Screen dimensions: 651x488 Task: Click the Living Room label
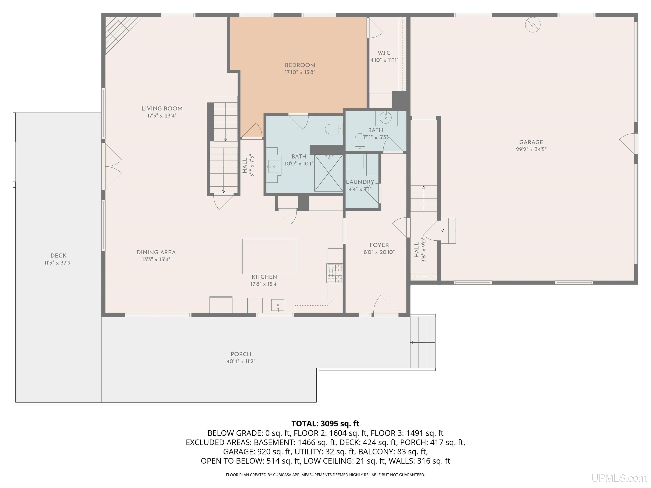[162, 108]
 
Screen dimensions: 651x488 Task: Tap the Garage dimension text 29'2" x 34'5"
[531, 149]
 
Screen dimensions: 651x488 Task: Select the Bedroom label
[300, 65]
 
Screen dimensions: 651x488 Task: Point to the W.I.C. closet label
[384, 53]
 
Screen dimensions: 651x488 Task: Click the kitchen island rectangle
[270, 256]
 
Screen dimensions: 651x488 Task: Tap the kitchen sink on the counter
[278, 306]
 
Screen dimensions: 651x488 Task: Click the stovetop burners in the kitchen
[335, 273]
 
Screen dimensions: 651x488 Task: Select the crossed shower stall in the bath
[328, 173]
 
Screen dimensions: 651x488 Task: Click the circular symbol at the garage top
[533, 25]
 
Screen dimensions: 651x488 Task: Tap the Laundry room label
[360, 182]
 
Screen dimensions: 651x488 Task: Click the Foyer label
[379, 245]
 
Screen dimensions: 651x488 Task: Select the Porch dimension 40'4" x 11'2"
[241, 361]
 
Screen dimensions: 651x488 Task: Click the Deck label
[58, 256]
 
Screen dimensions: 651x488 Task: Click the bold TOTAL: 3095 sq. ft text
[325, 424]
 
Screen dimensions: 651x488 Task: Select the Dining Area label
[156, 252]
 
